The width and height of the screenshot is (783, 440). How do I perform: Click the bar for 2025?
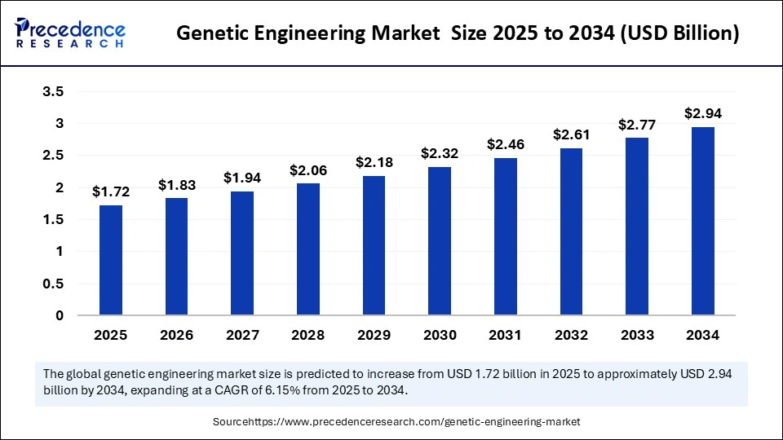coord(110,260)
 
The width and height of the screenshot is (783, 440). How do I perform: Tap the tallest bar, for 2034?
coord(703,221)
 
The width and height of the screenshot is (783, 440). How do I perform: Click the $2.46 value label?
coord(505,144)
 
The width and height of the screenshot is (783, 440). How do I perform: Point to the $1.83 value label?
coord(176,184)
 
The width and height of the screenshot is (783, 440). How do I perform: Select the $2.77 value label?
coord(637,125)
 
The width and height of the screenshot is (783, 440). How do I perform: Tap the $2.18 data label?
coord(374,162)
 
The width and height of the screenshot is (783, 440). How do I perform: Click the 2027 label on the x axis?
coord(242,335)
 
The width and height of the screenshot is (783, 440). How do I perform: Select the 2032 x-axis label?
coord(571,335)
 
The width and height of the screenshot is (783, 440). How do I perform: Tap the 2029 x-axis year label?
coord(374,335)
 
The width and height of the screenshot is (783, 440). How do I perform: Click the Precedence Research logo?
coord(70,33)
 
